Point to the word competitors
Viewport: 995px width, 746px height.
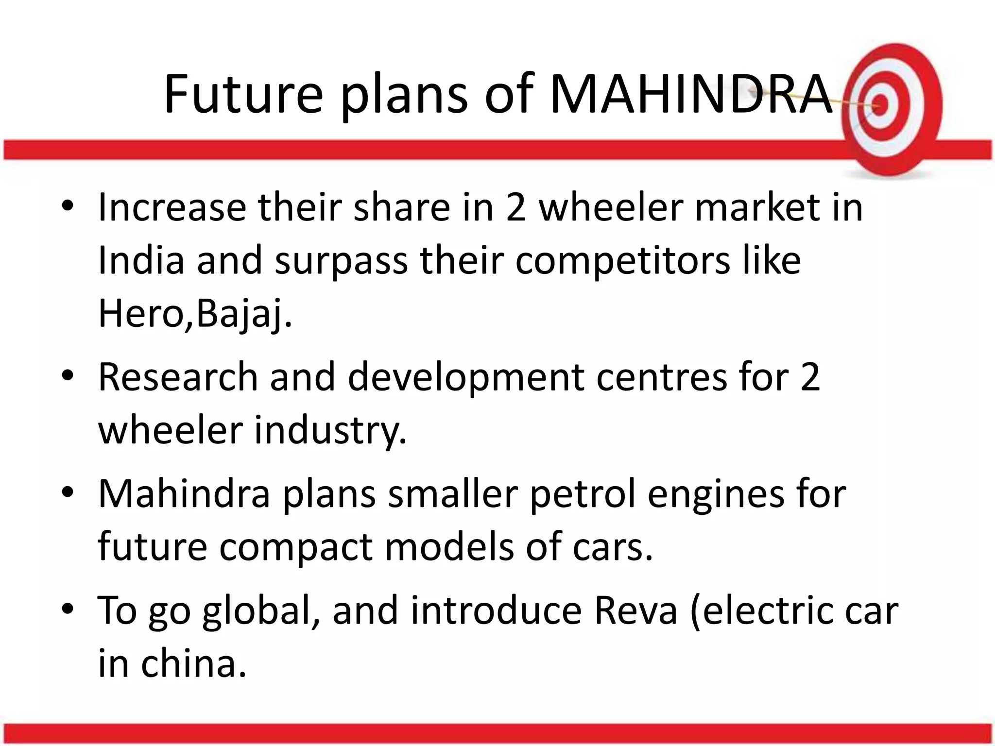(622, 261)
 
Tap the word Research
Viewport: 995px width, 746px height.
(178, 377)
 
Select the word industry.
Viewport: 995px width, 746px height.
(330, 430)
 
